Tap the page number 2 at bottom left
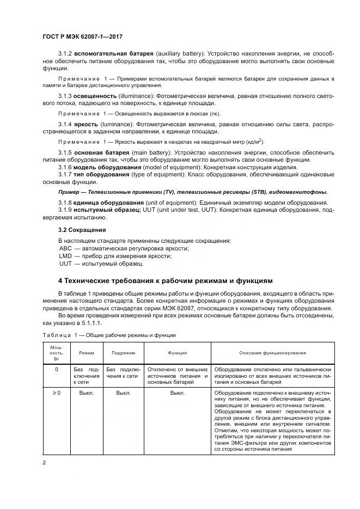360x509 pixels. pos(44,463)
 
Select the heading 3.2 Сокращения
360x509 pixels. pos(82,229)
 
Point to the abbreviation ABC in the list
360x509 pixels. pos(65,248)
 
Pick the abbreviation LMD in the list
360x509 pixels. pos(65,256)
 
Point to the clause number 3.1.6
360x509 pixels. pos(65,167)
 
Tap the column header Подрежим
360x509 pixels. pos(124,353)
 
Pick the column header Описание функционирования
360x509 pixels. pos(272,353)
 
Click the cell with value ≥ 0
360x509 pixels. pos(57,392)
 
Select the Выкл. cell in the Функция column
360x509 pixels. pos(178,392)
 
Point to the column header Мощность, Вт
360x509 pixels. pos(57,353)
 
